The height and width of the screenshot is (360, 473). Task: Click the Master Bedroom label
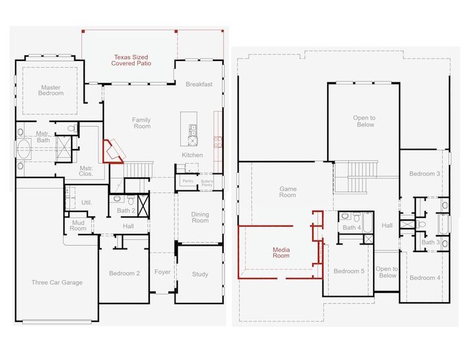pos(52,90)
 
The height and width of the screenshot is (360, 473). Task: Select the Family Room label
pos(141,123)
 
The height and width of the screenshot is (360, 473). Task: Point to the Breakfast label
pos(198,84)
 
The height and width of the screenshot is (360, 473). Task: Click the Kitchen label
pos(192,155)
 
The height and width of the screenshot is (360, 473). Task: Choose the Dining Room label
pos(200,217)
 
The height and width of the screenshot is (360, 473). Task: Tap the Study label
pos(200,275)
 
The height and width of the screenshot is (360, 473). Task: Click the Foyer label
pos(162,272)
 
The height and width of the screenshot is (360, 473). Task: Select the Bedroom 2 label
pos(124,273)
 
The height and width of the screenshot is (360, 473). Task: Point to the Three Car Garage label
pos(57,282)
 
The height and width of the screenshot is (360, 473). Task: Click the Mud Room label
pos(78,225)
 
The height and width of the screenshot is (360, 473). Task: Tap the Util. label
pos(87,202)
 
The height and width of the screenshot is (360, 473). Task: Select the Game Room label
pos(288,192)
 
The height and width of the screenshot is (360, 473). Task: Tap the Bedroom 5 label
pos(348,271)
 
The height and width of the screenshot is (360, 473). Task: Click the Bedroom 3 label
pos(424,173)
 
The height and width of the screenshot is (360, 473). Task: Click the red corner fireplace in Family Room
pos(111,150)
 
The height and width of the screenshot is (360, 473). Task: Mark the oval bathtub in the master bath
pos(25,148)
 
